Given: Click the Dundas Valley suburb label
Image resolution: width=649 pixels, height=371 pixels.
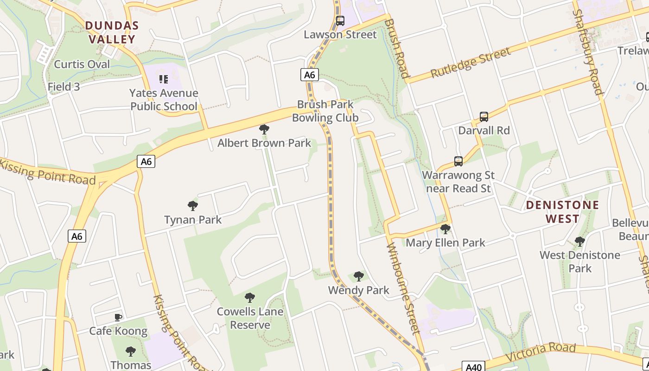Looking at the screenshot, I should pos(112,32).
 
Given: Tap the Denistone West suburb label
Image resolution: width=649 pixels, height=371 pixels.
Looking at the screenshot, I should pos(562,211).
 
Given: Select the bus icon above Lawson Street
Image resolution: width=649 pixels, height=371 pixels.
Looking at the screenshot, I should pos(340,21).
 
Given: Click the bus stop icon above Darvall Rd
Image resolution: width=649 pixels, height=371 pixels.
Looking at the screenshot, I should pos(484,117).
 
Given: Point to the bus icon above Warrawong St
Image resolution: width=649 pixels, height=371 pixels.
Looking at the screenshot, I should pos(458,161).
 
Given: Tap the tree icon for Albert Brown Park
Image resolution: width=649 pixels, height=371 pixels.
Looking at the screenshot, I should pos(264,129).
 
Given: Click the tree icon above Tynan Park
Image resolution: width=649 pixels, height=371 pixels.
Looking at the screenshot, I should pos(193,206).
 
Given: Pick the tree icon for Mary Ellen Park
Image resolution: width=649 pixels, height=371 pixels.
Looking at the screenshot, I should pos(445,229).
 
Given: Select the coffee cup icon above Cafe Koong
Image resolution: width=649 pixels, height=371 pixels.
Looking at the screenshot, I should pos(118,318).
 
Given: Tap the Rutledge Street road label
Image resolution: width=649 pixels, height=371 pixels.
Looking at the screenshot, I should pos(471,63).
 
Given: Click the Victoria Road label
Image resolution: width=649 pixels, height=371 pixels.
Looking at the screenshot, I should pos(541,352).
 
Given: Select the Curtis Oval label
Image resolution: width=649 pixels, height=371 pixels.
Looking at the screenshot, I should pos(82,64).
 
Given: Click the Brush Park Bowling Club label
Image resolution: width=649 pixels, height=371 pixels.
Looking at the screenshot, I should pos(325,111).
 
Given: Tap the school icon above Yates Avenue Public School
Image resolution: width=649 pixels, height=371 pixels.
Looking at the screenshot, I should pos(163,79).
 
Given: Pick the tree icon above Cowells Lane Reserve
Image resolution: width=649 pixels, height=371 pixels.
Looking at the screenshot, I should pos(250,298).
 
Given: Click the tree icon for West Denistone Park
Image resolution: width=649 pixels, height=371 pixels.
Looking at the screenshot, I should pos(579,242).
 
